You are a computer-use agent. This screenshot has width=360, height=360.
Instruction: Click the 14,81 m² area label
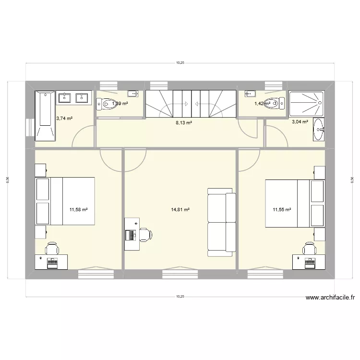click(180, 210)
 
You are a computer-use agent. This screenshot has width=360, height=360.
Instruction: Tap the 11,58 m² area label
click(78, 210)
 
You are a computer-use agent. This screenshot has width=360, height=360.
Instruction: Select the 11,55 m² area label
click(282, 210)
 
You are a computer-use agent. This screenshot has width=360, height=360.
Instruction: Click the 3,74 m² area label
click(64, 118)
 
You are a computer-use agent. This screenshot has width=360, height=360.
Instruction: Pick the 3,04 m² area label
click(300, 122)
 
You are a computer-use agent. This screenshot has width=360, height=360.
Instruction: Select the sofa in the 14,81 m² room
click(221, 221)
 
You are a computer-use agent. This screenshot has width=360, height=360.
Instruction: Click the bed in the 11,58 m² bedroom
click(65, 201)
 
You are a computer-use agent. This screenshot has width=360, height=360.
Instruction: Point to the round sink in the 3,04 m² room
click(318, 130)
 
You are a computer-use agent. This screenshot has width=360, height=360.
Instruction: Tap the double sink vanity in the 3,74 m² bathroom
click(74, 98)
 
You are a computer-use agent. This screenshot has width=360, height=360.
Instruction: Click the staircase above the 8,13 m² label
click(191, 103)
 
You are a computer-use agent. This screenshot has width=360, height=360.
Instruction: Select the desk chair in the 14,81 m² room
click(145, 235)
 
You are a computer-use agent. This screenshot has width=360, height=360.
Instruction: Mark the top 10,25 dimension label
click(180, 62)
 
